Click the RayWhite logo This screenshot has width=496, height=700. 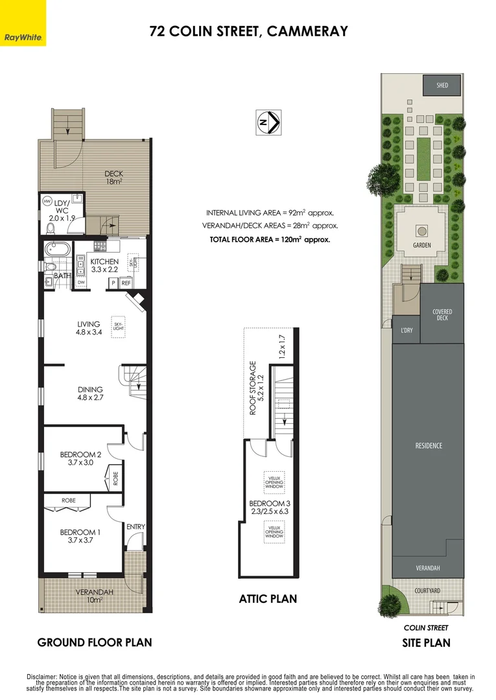click(23, 23)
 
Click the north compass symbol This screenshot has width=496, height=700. click(268, 121)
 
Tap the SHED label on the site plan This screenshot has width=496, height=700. click(442, 85)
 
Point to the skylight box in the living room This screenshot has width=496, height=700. click(118, 326)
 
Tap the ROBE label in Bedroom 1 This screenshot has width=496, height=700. click(69, 501)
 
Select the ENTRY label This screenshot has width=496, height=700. click(136, 527)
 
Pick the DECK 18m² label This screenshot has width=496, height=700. click(113, 178)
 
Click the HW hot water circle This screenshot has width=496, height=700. click(47, 202)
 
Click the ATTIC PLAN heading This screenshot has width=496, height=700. click(268, 599)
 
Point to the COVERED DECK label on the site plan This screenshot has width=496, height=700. click(442, 314)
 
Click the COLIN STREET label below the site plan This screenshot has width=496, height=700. click(426, 627)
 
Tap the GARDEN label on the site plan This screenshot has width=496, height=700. click(422, 246)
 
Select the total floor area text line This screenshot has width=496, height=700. click(270, 239)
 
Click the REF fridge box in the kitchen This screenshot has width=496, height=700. click(126, 283)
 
